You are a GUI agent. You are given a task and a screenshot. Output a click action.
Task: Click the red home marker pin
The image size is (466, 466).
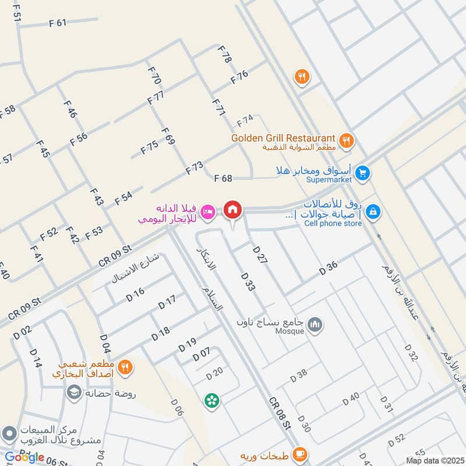[x=233, y=210]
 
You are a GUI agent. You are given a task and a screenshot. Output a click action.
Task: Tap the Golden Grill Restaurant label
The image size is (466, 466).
[x=283, y=138]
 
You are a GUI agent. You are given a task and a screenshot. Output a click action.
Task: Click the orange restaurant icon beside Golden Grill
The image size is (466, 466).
[x=347, y=140]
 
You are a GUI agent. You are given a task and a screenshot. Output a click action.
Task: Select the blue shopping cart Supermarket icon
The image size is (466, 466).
[x=362, y=173]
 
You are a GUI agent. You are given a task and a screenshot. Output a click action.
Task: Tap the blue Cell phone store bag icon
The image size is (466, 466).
[x=373, y=213]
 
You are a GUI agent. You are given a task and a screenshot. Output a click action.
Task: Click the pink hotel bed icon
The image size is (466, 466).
[x=207, y=211]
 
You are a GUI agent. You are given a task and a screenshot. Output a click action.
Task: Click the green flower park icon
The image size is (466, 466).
[x=211, y=400]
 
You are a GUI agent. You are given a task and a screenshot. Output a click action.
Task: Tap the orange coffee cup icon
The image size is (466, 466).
[x=299, y=453]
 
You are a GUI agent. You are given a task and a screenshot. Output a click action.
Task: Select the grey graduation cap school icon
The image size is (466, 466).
[x=74, y=393]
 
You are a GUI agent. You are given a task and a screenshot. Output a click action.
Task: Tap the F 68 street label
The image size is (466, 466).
[x=223, y=178]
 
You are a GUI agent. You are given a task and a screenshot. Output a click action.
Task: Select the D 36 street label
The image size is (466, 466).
[x=329, y=268]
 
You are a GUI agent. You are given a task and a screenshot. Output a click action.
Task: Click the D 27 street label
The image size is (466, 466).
[x=260, y=256]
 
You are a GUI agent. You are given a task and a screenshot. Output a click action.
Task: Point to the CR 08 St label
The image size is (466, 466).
[x=279, y=414]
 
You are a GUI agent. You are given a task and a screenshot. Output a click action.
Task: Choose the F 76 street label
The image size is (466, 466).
[x=239, y=77]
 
